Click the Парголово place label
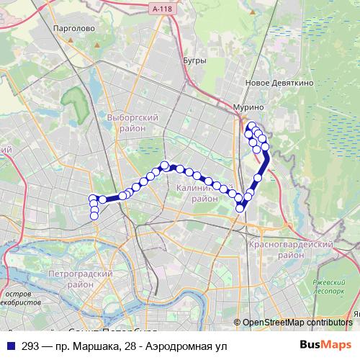[74, 28]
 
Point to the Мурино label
[249, 107]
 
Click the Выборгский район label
[127, 122]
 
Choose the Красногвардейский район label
[290, 250]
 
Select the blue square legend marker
[10, 346]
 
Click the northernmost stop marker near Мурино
[251, 126]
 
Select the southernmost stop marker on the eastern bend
[240, 209]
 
